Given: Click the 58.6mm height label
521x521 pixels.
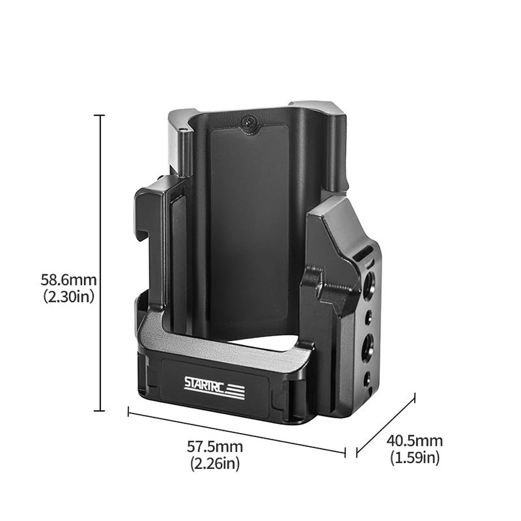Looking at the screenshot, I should point(69,279).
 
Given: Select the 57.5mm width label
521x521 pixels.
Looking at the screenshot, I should point(215,446).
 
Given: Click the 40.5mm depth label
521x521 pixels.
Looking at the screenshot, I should point(415,441).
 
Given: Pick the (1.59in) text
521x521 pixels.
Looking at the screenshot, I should point(415,458).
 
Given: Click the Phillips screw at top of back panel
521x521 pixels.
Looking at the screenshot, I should point(249,123).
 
